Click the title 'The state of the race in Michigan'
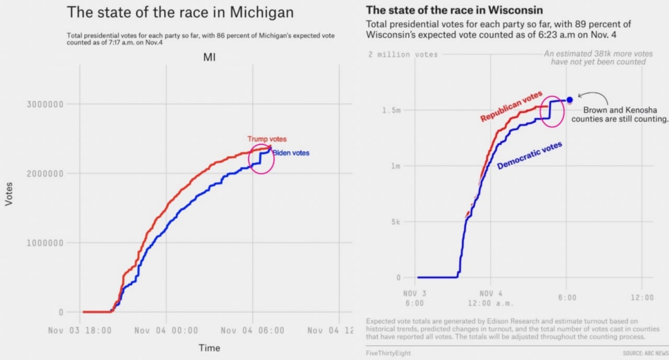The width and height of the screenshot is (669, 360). pos(180,13)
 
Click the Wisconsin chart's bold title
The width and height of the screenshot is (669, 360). pos(454,10)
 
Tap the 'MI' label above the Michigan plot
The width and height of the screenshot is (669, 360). pos(210,58)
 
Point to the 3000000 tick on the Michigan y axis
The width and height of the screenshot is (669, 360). pos(44,104)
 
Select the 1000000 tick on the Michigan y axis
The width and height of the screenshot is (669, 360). pos(44,243)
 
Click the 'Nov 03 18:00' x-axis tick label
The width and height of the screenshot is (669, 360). pos(80,330)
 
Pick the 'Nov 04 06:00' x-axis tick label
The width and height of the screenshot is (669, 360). pos(252,330)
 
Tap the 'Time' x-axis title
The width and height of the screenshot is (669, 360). pos(209,348)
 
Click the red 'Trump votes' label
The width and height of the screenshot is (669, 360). pos(267,139)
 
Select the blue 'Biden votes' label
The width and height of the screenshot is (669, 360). pos(291,153)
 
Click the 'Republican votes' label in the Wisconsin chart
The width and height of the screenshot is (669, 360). pos(511,106)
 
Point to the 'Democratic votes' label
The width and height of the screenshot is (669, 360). pos(529,156)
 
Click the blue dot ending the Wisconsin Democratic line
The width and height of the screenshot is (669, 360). pos(570,100)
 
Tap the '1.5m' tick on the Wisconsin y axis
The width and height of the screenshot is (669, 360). pos(395,110)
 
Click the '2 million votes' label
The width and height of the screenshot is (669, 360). pos(403,54)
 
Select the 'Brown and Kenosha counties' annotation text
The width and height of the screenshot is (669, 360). pos(620,114)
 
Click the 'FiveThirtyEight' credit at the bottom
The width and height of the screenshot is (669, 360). pos(388,353)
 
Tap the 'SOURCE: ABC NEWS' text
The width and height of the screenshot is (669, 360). pos(645,354)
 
